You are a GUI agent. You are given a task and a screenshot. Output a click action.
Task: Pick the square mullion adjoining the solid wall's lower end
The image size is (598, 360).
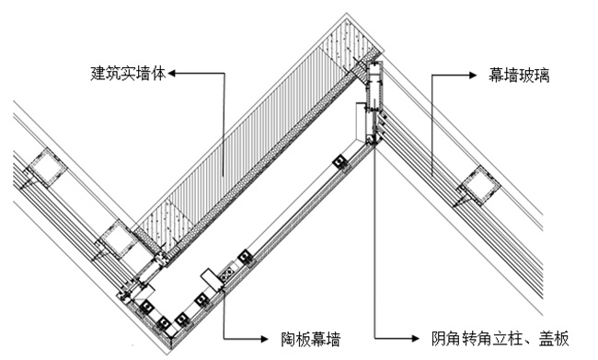tap(119, 241)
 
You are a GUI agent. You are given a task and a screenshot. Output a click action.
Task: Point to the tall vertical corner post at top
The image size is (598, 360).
tap(374, 101)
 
